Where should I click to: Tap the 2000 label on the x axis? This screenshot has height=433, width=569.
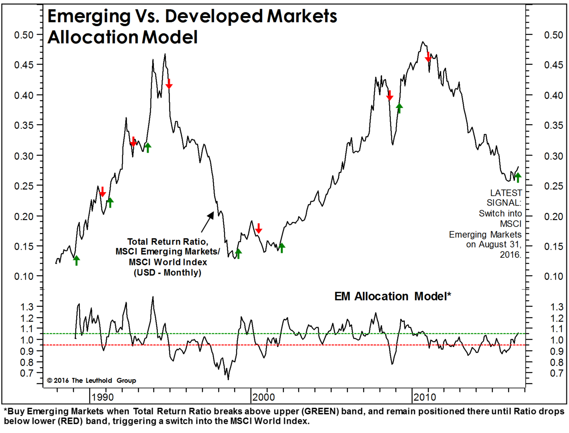[x=264, y=397]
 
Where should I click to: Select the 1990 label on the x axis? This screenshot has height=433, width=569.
[x=102, y=397]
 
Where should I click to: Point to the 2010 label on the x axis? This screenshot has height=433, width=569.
[x=424, y=397]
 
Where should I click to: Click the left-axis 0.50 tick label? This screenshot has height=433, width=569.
[x=24, y=35]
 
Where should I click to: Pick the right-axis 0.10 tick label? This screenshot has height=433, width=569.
[x=553, y=276]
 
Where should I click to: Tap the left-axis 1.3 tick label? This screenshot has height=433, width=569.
[x=27, y=307]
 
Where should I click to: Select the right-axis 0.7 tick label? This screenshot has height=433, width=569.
[x=556, y=373]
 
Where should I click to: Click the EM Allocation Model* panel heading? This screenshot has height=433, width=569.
[x=393, y=296]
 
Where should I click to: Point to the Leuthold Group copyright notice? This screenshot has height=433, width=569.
[x=91, y=380]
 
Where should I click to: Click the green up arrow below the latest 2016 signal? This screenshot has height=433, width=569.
[x=518, y=177]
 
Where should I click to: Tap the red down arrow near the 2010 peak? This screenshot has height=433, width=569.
[x=428, y=57]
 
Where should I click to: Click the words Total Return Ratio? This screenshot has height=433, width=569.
[x=167, y=242]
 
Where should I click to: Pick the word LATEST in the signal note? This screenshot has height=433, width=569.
[x=506, y=193]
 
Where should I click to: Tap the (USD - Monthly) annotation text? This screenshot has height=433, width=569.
[x=167, y=272]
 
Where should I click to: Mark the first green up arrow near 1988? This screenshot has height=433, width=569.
[x=76, y=260]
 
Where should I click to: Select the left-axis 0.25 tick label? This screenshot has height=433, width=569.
[x=24, y=186]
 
